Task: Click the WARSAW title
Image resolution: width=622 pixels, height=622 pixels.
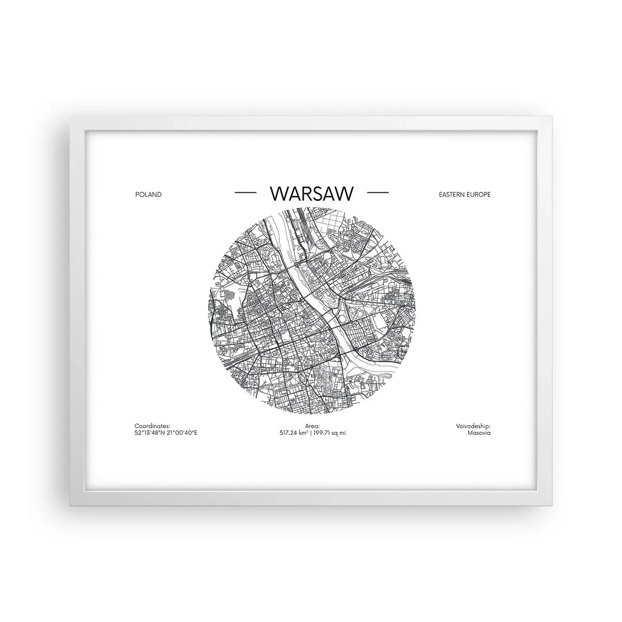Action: tap(312, 193)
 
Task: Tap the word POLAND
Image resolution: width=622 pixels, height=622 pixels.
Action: tap(148, 194)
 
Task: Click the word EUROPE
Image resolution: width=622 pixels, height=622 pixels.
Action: tap(477, 194)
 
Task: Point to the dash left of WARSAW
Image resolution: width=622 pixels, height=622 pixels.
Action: tap(246, 193)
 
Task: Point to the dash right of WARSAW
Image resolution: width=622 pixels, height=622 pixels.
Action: tap(377, 193)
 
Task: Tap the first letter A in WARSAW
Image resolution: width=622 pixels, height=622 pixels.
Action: tap(296, 193)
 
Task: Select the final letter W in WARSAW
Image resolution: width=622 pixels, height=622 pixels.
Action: tap(345, 193)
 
